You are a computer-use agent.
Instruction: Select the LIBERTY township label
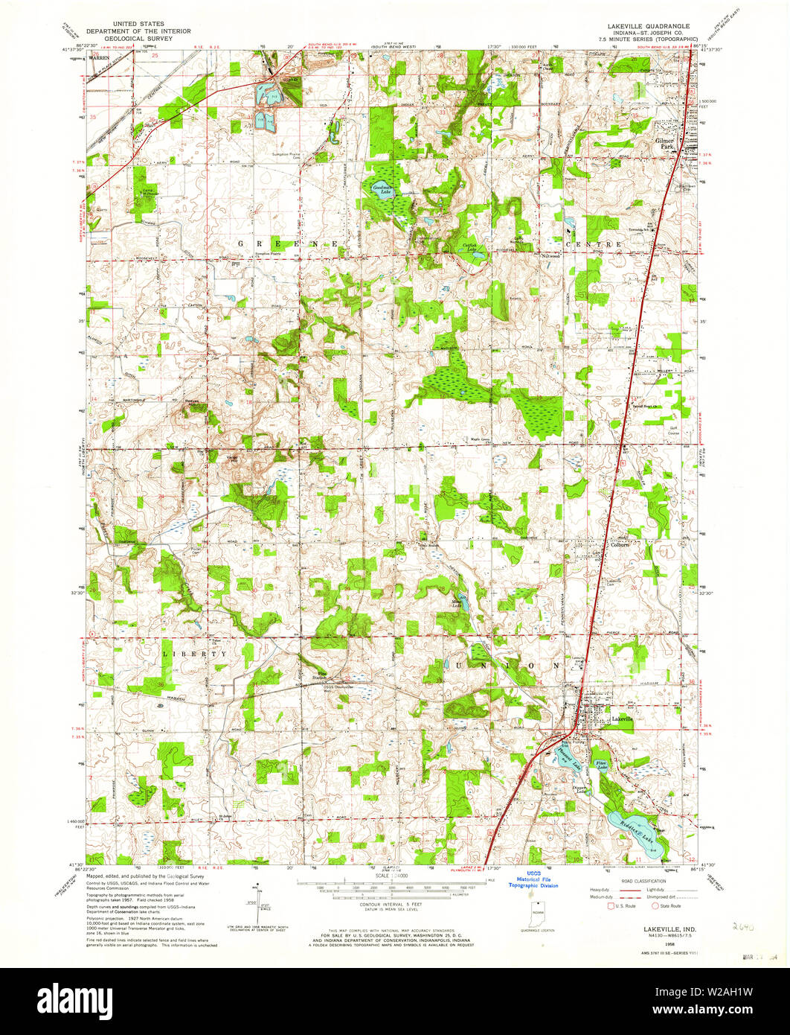tap(194, 654)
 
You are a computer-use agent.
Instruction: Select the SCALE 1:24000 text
tap(394, 877)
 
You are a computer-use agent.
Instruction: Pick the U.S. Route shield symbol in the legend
tap(611, 906)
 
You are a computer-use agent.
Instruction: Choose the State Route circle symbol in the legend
tap(655, 906)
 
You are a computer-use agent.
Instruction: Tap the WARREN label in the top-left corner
tap(99, 56)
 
